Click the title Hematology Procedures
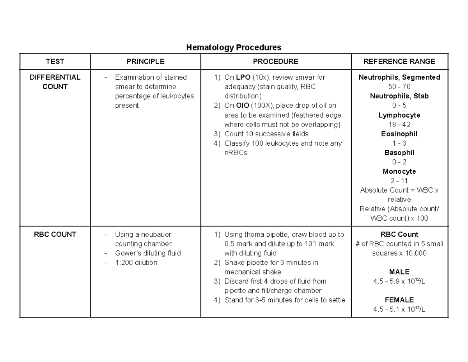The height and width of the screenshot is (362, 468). pos(234,48)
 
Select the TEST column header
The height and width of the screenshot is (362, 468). pos(55,61)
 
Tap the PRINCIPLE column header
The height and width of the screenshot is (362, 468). pos(145,61)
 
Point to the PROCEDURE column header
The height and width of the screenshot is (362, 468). pos(275,61)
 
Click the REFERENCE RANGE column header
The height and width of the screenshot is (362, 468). pos(399,61)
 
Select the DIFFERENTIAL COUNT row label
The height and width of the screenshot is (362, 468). pos(55,82)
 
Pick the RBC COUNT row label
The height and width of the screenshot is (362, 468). pos(55,234)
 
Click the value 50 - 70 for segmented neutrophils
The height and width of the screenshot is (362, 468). pos(399,87)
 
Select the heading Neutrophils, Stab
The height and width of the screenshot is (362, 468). pos(399,96)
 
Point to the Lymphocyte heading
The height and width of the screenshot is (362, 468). pos(399,115)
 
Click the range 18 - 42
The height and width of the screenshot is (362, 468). pos(399,125)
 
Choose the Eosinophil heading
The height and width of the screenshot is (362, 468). pos(399,134)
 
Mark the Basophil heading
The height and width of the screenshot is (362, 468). pos(399,153)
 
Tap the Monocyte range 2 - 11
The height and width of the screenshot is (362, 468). pos(399,181)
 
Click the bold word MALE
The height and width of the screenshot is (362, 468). pos(399,272)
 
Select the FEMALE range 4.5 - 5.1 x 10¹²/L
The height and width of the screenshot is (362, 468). pos(399,310)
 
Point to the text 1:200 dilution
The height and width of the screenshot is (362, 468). pos(136,262)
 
